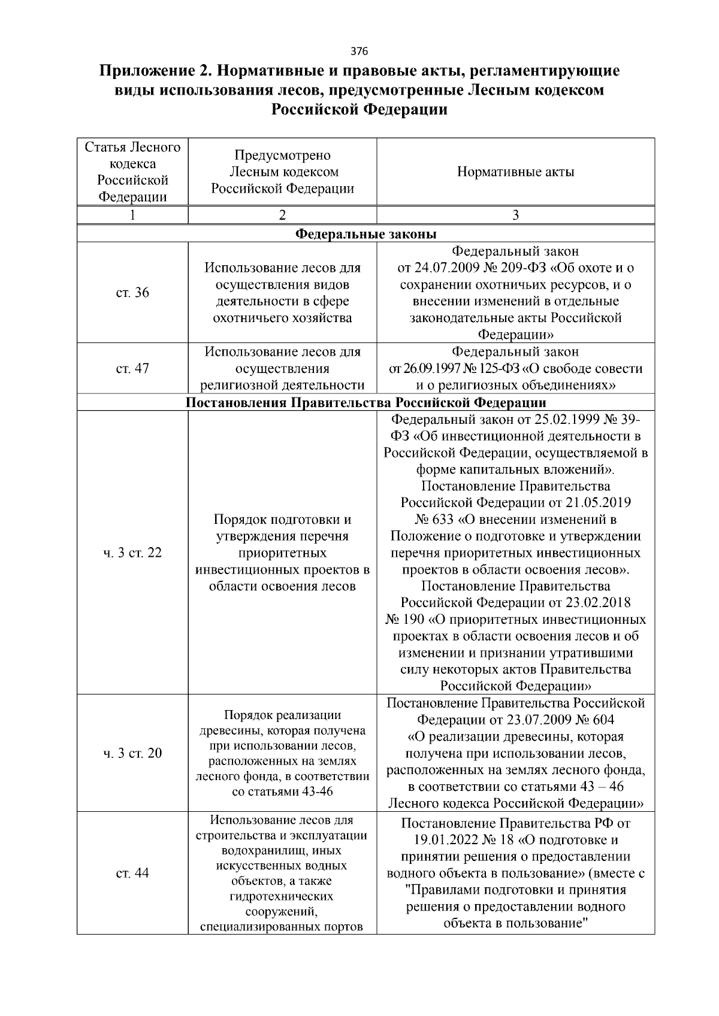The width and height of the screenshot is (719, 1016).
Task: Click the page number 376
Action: [359, 50]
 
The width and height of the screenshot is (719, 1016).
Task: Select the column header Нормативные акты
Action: [515, 172]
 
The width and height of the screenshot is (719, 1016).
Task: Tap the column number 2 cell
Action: [282, 216]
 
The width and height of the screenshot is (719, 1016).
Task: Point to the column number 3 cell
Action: [515, 216]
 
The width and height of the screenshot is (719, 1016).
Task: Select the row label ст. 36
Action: [132, 293]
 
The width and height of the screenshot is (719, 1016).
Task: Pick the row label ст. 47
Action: [132, 368]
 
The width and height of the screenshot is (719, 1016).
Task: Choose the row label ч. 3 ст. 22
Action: [132, 553]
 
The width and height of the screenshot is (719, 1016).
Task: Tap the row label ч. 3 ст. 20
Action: [132, 753]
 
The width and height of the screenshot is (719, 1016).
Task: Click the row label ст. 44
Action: [132, 874]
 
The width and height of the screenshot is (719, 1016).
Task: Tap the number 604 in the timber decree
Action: [601, 720]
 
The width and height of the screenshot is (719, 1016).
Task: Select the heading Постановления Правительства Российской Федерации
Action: [366, 402]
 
